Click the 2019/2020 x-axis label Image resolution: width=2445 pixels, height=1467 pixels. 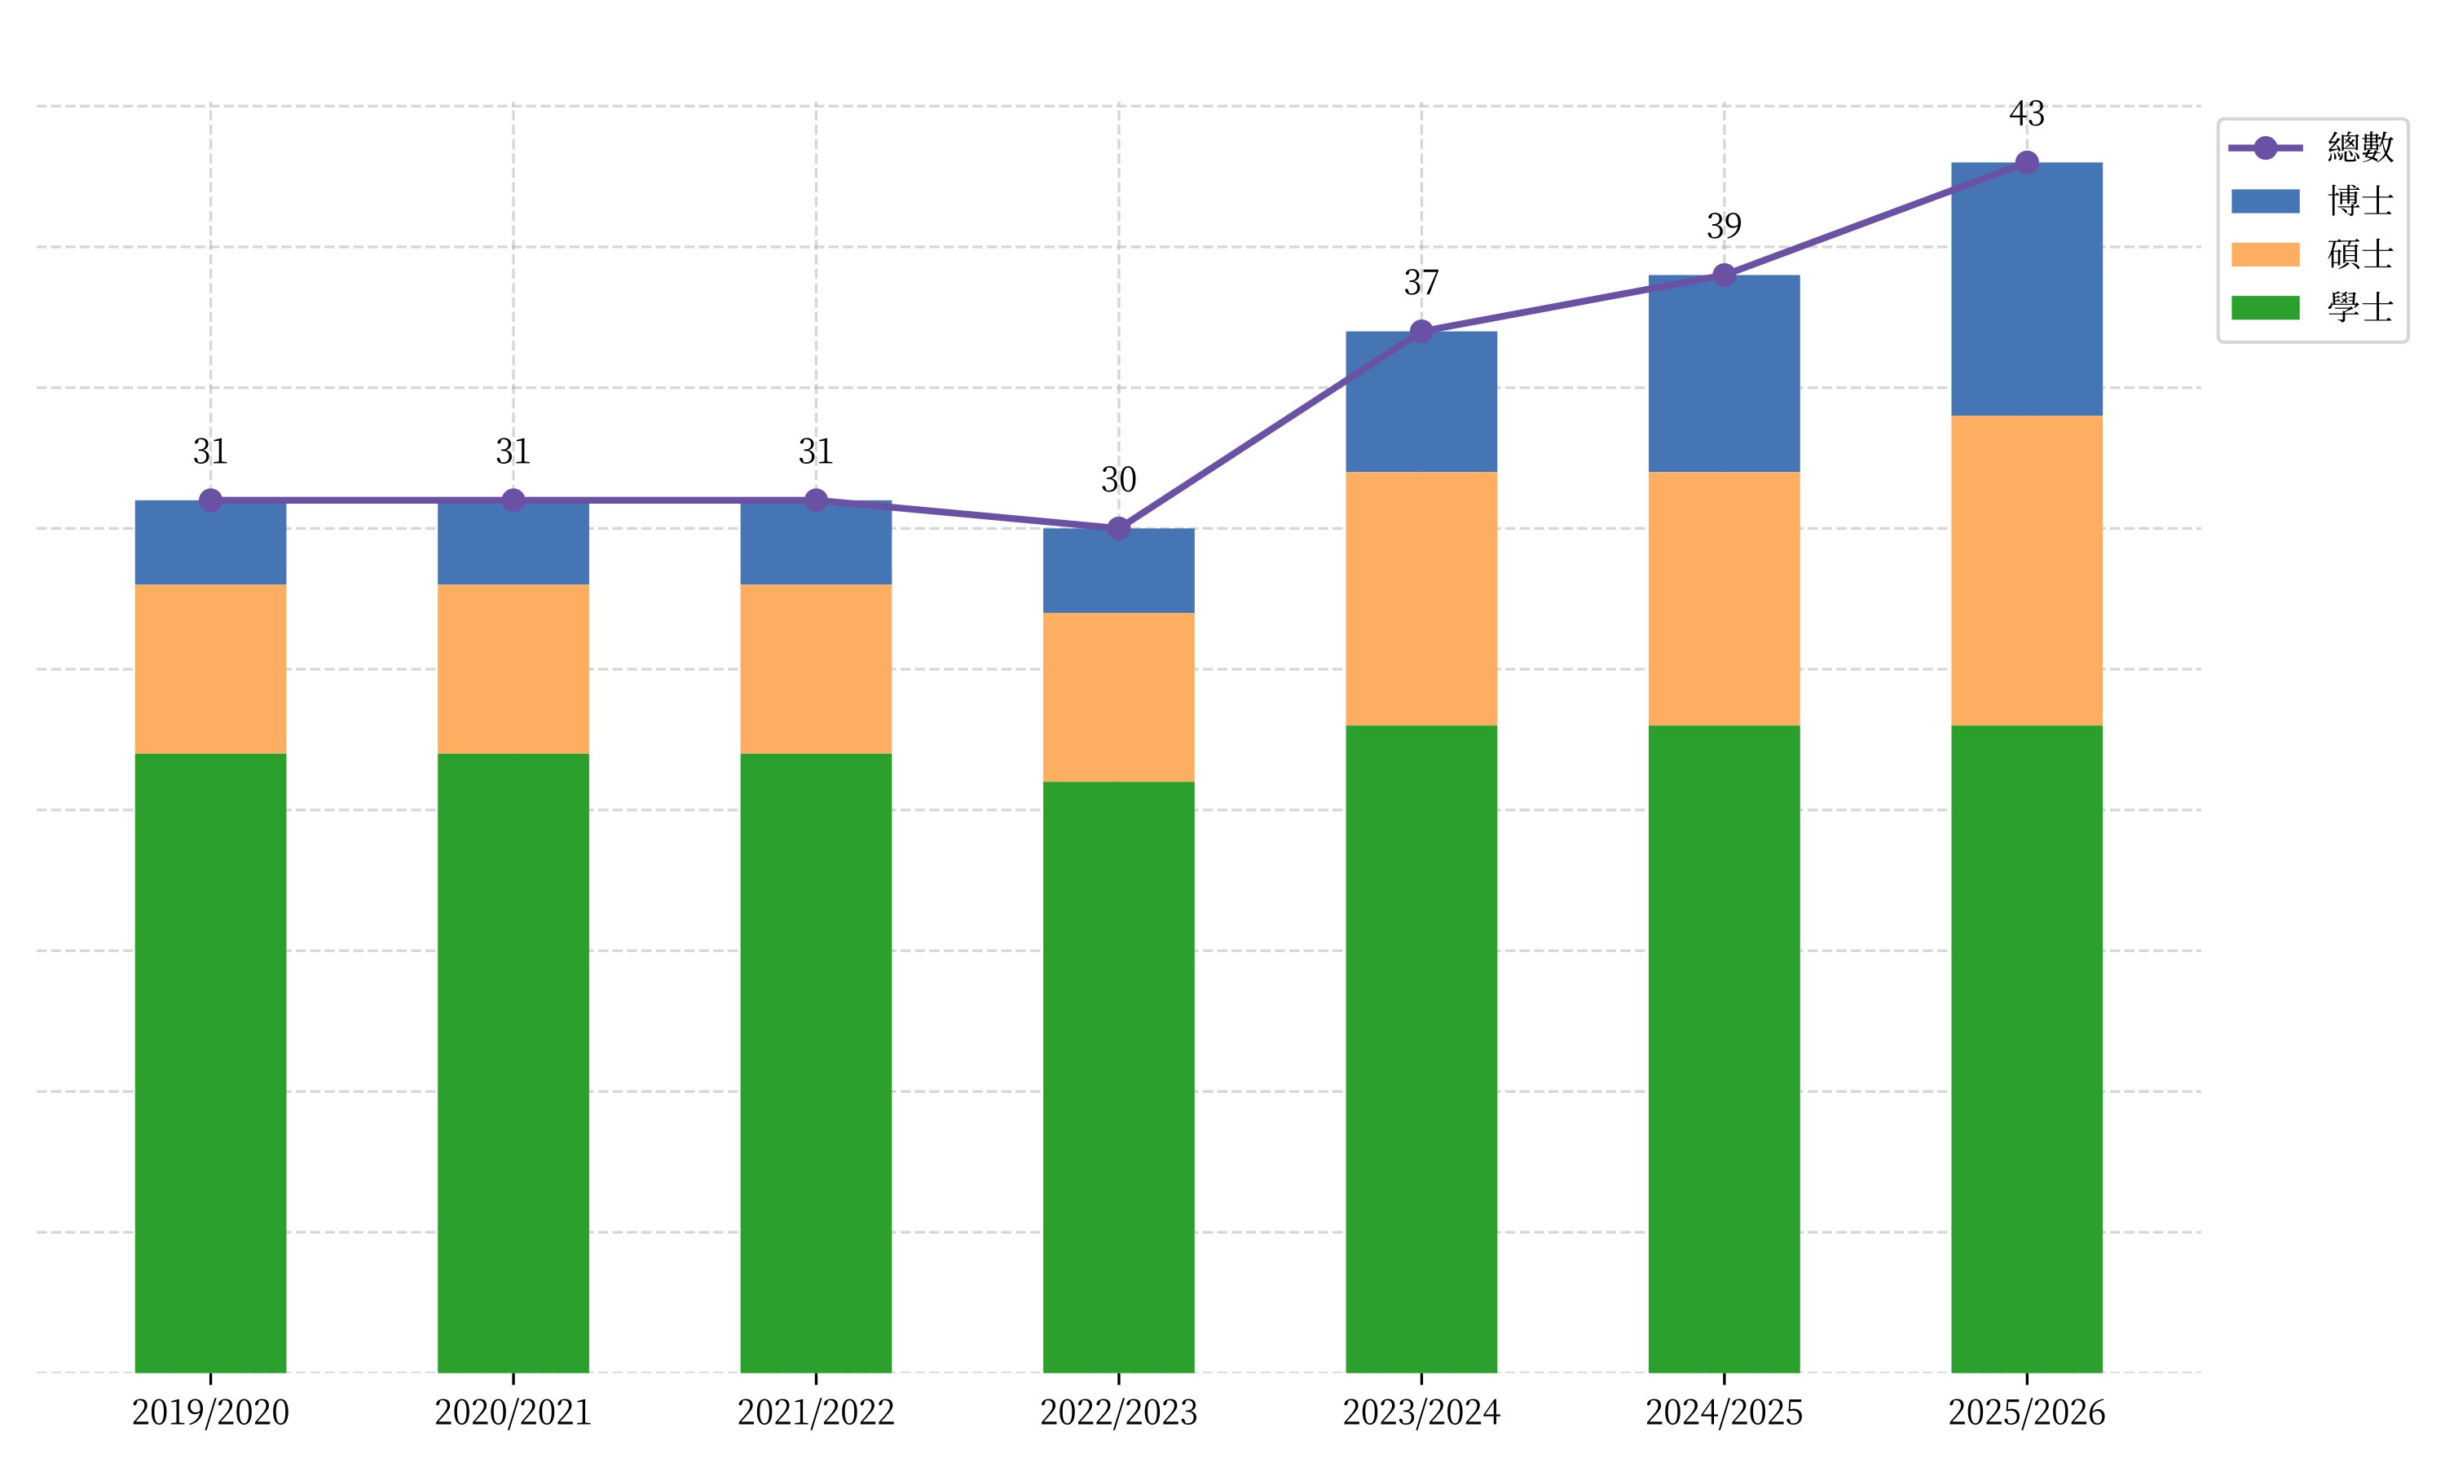pyautogui.click(x=210, y=1412)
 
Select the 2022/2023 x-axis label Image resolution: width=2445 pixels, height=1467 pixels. pyautogui.click(x=1119, y=1412)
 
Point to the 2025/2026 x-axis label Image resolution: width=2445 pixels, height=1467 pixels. pyautogui.click(x=2026, y=1412)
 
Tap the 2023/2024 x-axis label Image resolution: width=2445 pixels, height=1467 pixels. pyautogui.click(x=1421, y=1412)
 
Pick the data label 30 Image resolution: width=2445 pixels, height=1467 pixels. pyautogui.click(x=1119, y=480)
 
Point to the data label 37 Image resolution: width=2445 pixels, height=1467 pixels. pyautogui.click(x=1421, y=284)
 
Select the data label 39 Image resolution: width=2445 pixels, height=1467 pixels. pyautogui.click(x=1724, y=227)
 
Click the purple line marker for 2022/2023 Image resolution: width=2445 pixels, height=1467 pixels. pyautogui.click(x=1119, y=529)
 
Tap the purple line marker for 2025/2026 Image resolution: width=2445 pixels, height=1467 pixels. pyautogui.click(x=2026, y=162)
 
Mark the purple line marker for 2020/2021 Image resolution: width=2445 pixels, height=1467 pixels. pyautogui.click(x=513, y=500)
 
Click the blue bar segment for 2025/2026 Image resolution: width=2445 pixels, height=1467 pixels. pyautogui.click(x=2026, y=289)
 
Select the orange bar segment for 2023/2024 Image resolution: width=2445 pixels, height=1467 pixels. pyautogui.click(x=1421, y=598)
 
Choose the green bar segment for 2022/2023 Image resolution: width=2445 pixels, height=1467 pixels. pyautogui.click(x=1119, y=1077)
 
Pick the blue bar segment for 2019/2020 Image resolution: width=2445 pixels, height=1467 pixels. pyautogui.click(x=210, y=544)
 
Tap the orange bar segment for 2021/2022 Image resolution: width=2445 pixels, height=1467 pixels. pyautogui.click(x=815, y=668)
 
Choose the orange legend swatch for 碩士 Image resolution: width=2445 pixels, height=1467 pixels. pyautogui.click(x=2265, y=255)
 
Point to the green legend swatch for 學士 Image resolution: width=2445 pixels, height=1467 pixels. pyautogui.click(x=2265, y=308)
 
